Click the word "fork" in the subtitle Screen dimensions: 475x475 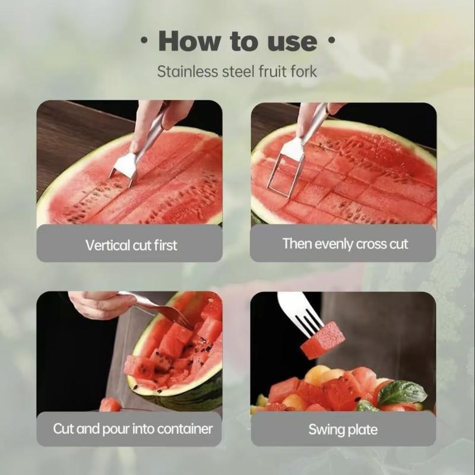302,72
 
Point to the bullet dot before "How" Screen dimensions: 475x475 144,41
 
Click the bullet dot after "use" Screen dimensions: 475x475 331,41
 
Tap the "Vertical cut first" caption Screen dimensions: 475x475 131,245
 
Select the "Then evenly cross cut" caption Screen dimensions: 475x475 345,243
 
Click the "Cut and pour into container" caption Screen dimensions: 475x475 132,428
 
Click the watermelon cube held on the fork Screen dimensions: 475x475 322,341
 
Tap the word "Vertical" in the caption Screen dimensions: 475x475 107,245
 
